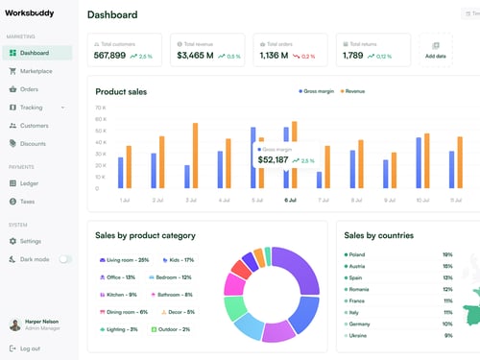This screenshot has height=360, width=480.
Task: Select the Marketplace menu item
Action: tap(36, 71)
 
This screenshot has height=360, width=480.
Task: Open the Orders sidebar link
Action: tap(29, 89)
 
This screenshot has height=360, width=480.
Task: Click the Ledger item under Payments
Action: tap(30, 182)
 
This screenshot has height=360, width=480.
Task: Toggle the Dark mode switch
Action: tap(65, 259)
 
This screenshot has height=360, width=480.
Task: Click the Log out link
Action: tap(30, 348)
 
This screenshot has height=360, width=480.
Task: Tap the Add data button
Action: tap(436, 50)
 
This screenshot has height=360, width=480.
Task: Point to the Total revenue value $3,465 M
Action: tap(196, 56)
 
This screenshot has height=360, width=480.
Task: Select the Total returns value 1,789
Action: tap(352, 56)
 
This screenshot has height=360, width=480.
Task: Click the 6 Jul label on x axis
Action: tap(290, 201)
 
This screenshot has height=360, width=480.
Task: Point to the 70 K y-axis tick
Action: tap(101, 108)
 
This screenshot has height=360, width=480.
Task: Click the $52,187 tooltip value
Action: tap(273, 160)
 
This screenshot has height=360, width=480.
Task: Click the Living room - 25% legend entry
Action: tap(123, 260)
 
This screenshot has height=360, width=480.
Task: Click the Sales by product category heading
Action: tap(145, 235)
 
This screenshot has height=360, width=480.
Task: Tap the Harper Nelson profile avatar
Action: tap(14, 324)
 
